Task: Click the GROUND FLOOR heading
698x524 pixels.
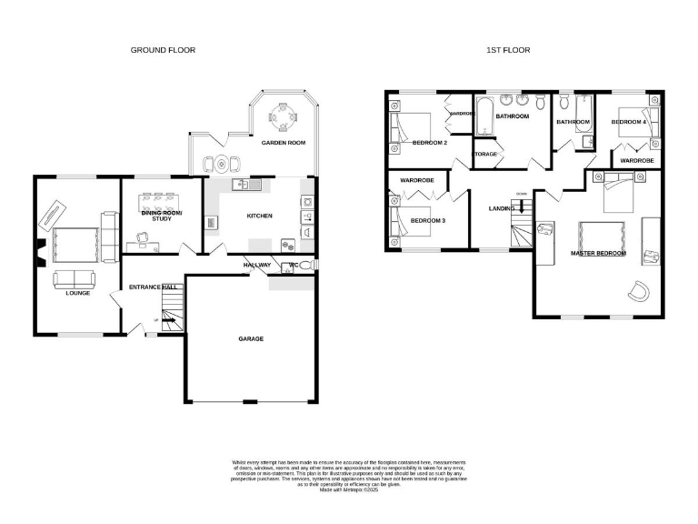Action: [163, 50]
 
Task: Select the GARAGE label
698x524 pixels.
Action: [251, 339]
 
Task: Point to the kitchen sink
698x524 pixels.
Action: [246, 185]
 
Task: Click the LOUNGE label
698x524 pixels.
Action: [77, 293]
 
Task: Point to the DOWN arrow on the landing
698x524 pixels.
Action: [521, 205]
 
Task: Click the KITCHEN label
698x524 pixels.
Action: [261, 216]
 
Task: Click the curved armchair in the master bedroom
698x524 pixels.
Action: [640, 291]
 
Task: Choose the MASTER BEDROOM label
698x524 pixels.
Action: [597, 253]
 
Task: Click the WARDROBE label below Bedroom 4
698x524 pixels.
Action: [636, 161]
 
